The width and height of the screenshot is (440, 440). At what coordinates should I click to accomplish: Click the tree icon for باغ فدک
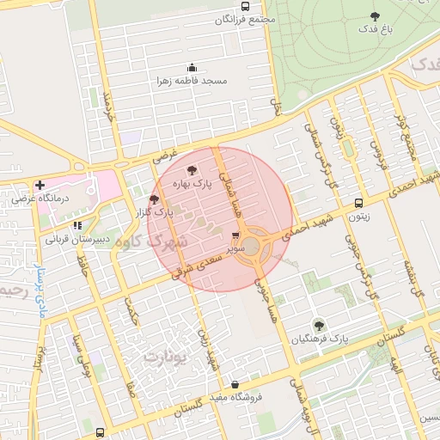[374, 16]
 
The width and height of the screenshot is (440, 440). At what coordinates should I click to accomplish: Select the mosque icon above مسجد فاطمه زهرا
[191, 68]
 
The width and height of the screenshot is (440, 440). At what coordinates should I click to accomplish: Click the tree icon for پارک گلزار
[154, 199]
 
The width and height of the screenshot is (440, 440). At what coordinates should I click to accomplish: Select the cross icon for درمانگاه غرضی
[40, 185]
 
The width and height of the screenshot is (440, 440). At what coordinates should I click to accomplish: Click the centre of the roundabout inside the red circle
[254, 245]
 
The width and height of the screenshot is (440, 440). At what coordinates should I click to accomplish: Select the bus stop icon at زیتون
[358, 204]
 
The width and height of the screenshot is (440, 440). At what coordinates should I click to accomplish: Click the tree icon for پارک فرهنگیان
[319, 325]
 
